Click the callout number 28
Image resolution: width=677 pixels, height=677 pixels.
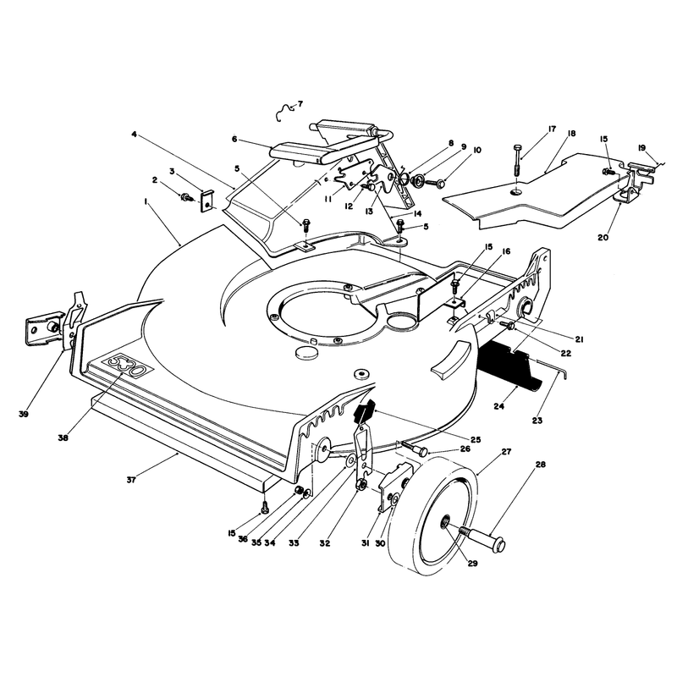pyautogui.click(x=540, y=465)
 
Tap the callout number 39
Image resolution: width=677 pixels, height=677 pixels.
pyautogui.click(x=24, y=414)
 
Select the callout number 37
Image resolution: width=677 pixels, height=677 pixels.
pyautogui.click(x=131, y=480)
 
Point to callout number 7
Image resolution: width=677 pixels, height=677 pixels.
pyautogui.click(x=300, y=103)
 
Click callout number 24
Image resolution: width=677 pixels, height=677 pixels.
pyautogui.click(x=498, y=406)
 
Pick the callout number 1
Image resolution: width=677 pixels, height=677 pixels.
pyautogui.click(x=146, y=201)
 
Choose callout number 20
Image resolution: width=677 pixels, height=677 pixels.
pyautogui.click(x=603, y=238)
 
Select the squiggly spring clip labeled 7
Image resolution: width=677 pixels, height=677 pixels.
pyautogui.click(x=284, y=113)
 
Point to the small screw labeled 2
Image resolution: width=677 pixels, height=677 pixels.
pyautogui.click(x=188, y=197)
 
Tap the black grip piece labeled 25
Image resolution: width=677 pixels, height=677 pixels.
pyautogui.click(x=365, y=411)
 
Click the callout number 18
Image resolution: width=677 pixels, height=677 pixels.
pyautogui.click(x=572, y=134)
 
